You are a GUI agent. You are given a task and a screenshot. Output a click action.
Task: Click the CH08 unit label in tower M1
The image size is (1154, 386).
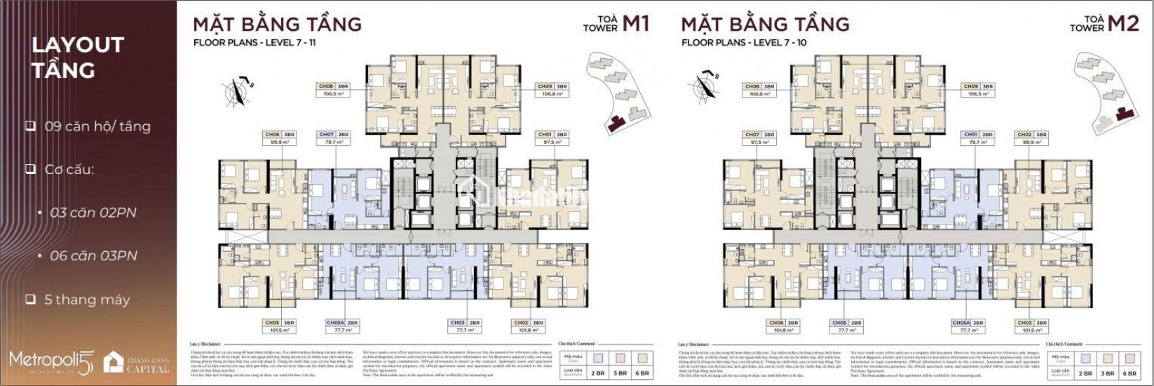point(334,90)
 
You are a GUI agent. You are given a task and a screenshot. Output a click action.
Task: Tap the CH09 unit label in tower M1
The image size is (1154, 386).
point(551,90)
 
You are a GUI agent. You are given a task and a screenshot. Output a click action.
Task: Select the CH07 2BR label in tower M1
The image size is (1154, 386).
point(334,138)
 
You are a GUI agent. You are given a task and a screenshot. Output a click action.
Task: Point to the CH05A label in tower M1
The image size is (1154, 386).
point(341,326)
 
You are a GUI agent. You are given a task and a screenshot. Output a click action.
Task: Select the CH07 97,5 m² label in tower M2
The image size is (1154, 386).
point(759,138)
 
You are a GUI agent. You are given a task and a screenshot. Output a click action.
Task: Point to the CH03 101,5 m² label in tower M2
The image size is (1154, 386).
point(1033,326)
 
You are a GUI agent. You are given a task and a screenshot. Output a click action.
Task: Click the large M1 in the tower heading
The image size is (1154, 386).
point(635,24)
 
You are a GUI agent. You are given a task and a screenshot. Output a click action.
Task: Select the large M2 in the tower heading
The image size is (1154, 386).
point(1123,24)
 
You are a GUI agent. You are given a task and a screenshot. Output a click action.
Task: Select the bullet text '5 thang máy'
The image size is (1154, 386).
point(87,300)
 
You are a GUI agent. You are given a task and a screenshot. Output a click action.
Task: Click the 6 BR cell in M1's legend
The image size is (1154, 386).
point(641,373)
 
